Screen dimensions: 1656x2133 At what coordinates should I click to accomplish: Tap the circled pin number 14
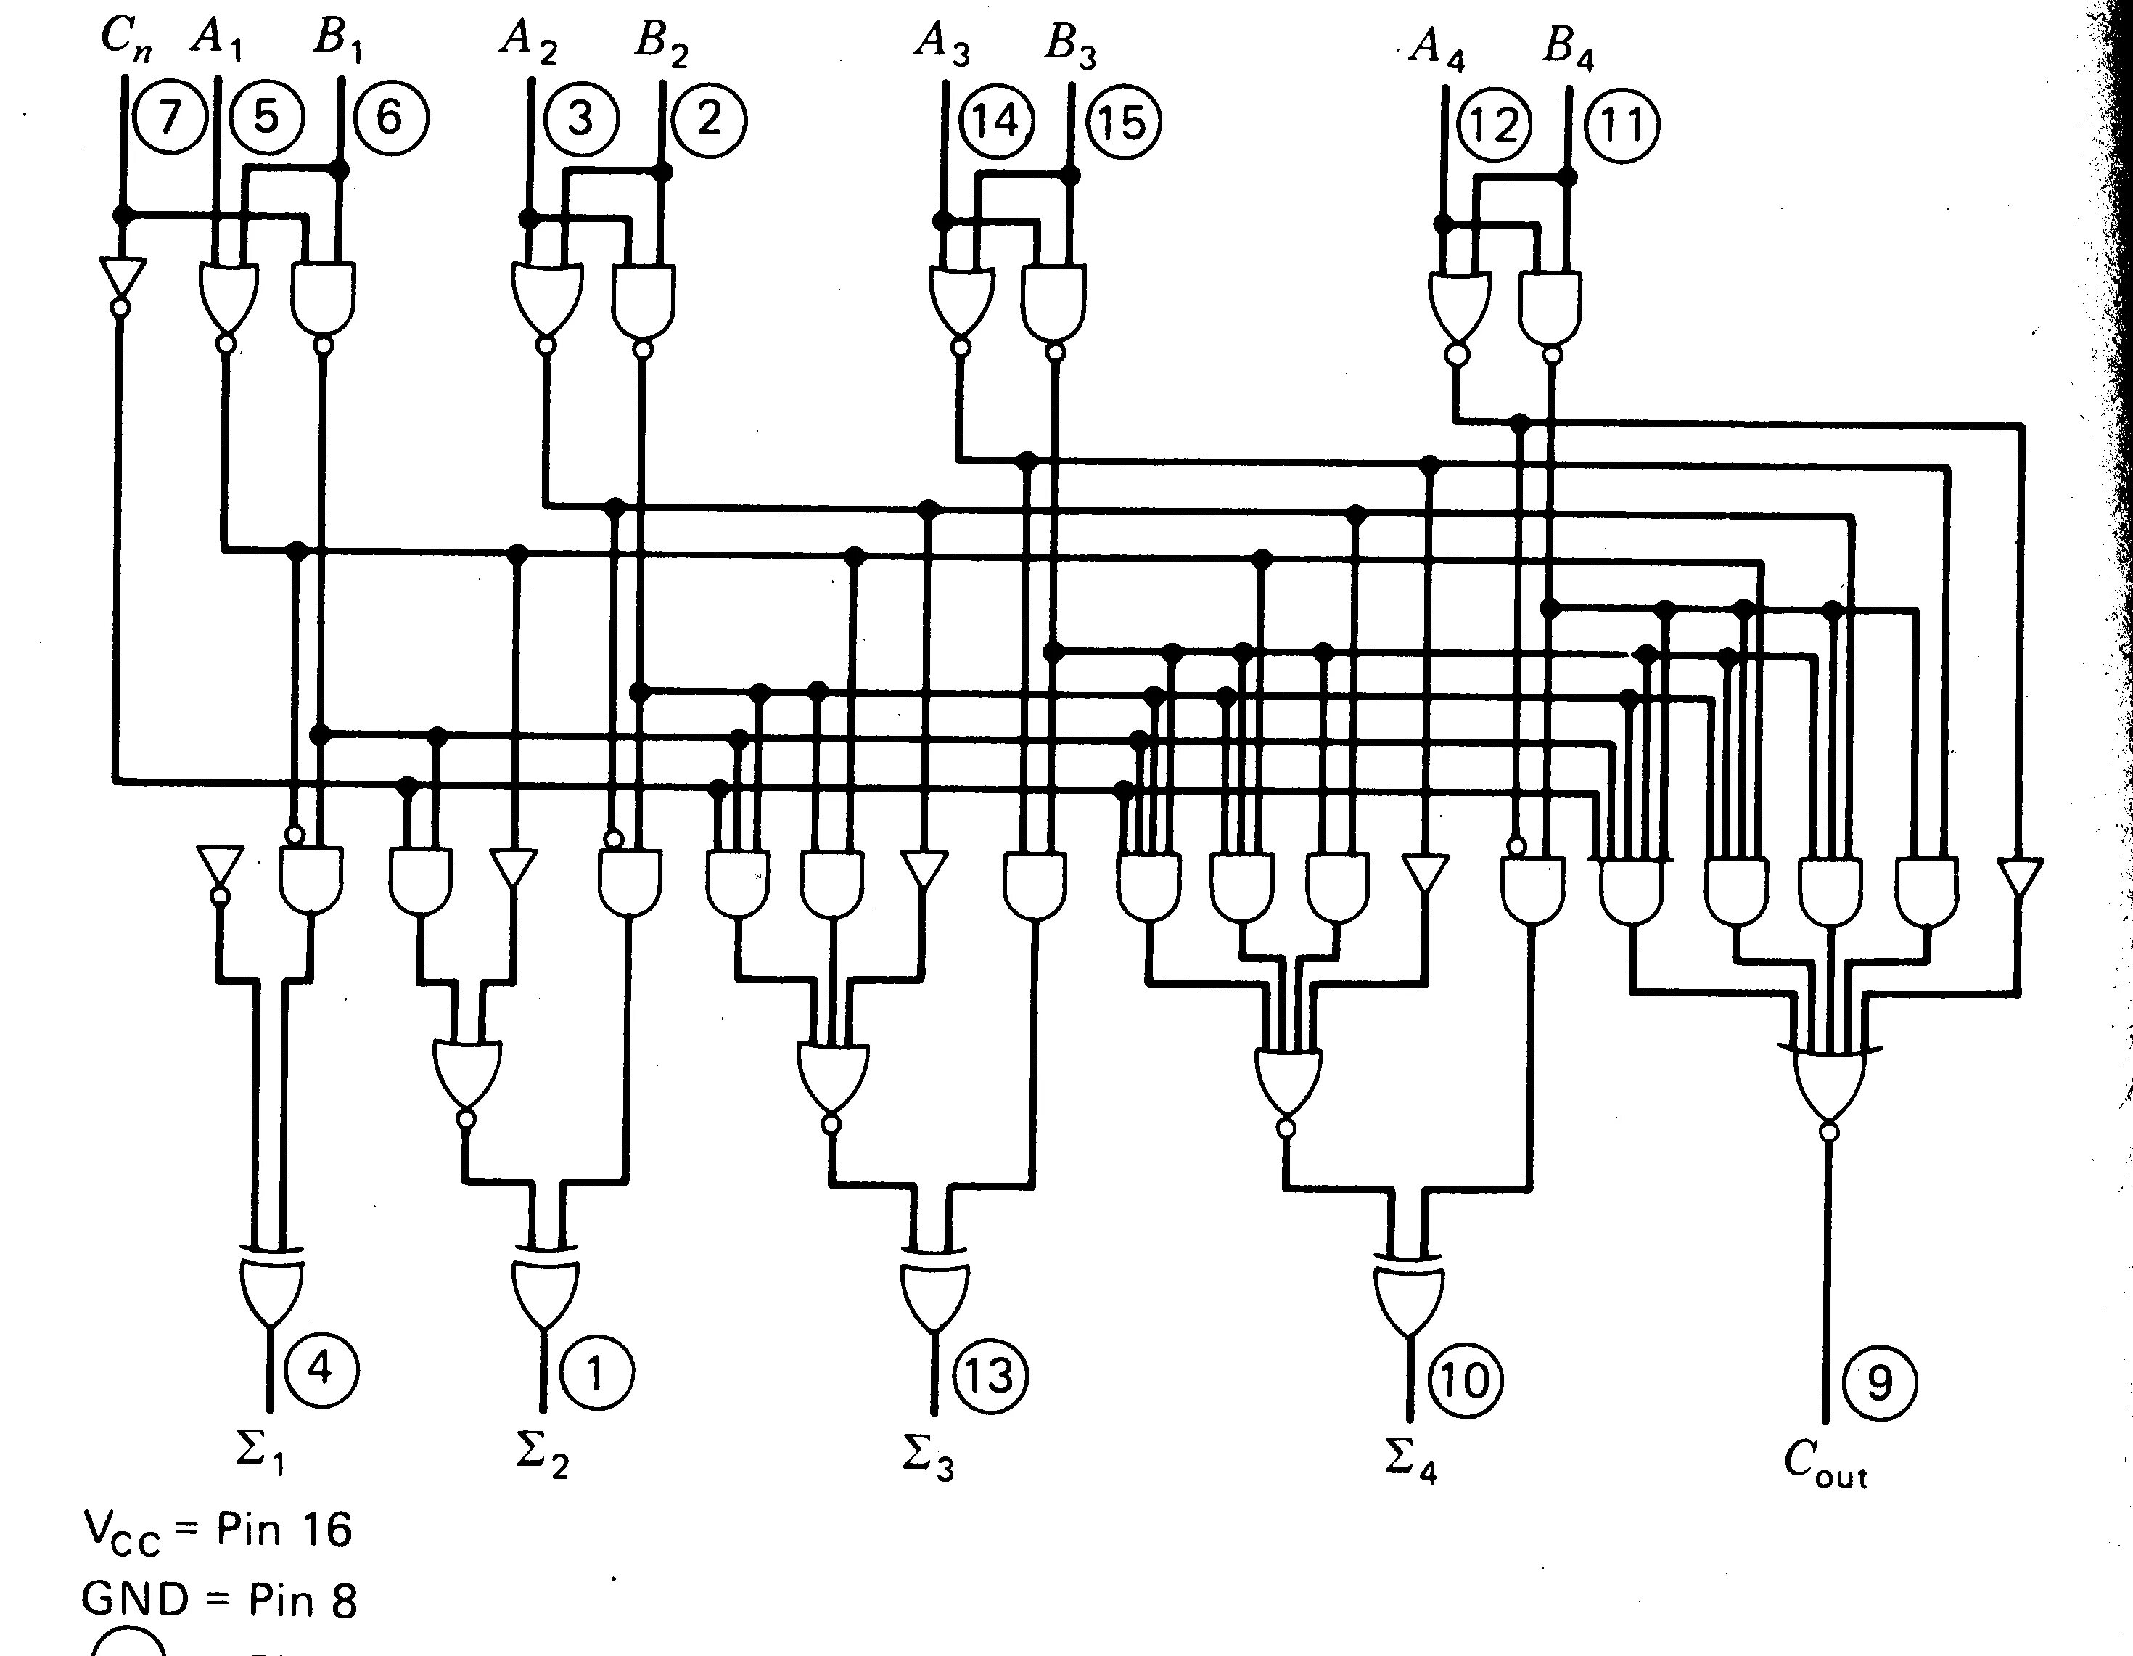(x=996, y=121)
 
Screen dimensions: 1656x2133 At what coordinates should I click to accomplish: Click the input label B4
(x=1569, y=47)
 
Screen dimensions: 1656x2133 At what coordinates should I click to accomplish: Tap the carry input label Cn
(x=125, y=39)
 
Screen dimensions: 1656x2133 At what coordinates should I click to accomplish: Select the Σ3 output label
(x=927, y=1459)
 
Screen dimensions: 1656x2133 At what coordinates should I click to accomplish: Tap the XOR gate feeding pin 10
(x=1408, y=1295)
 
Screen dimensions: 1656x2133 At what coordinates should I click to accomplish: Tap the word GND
(x=133, y=1600)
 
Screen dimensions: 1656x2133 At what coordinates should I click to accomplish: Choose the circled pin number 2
(x=709, y=119)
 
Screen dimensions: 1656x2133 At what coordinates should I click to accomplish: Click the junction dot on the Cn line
(x=122, y=215)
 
